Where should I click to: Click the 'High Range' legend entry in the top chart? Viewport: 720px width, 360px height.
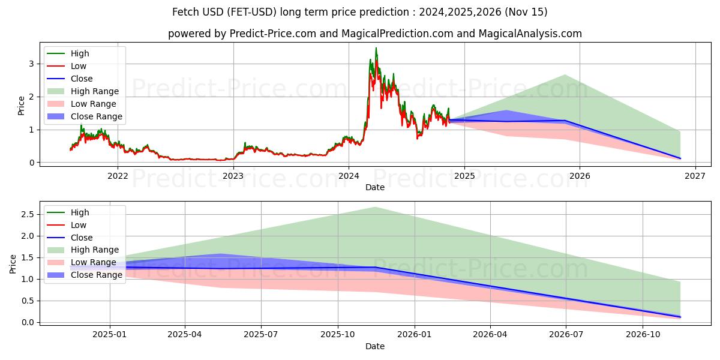94,91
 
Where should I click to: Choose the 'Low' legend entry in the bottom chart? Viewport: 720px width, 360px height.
79,225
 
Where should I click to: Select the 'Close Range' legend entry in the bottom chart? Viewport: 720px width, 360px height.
96,275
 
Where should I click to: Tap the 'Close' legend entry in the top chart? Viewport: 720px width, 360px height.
82,79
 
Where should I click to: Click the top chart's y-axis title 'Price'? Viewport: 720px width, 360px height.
21,106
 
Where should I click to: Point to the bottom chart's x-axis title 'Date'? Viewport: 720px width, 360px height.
375,346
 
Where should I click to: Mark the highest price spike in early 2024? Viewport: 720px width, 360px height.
376,48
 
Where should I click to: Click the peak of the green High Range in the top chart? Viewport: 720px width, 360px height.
565,75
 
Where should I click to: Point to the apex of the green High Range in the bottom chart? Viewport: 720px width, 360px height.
375,207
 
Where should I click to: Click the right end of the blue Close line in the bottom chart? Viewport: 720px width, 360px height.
680,317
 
